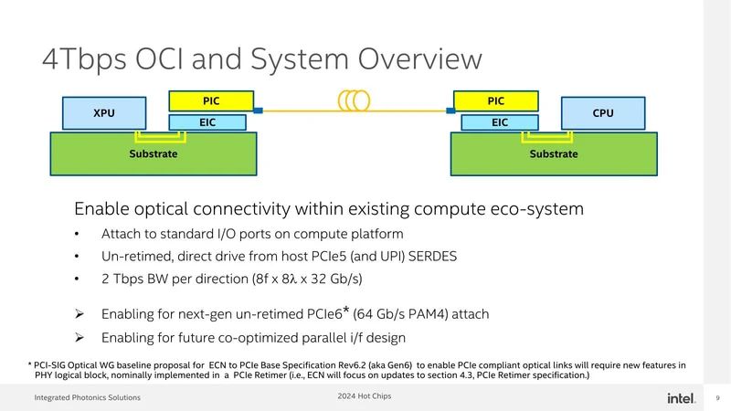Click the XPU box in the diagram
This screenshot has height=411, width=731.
[x=104, y=114]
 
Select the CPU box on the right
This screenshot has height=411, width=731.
[x=602, y=114]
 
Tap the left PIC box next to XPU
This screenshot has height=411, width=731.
[x=212, y=99]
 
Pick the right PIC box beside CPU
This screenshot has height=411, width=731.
[x=496, y=99]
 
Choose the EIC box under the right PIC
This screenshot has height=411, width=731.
[x=500, y=121]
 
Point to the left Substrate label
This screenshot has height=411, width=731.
[x=153, y=153]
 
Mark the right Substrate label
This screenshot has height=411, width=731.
[x=554, y=153]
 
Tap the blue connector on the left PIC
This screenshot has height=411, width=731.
[x=259, y=111]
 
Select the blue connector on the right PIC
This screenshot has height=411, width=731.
[x=450, y=111]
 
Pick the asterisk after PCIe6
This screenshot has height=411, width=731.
[x=347, y=311]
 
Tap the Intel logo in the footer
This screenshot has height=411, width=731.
[x=678, y=397]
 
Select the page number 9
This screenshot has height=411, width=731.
[x=717, y=397]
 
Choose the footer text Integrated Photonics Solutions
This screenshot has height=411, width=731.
[x=88, y=397]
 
